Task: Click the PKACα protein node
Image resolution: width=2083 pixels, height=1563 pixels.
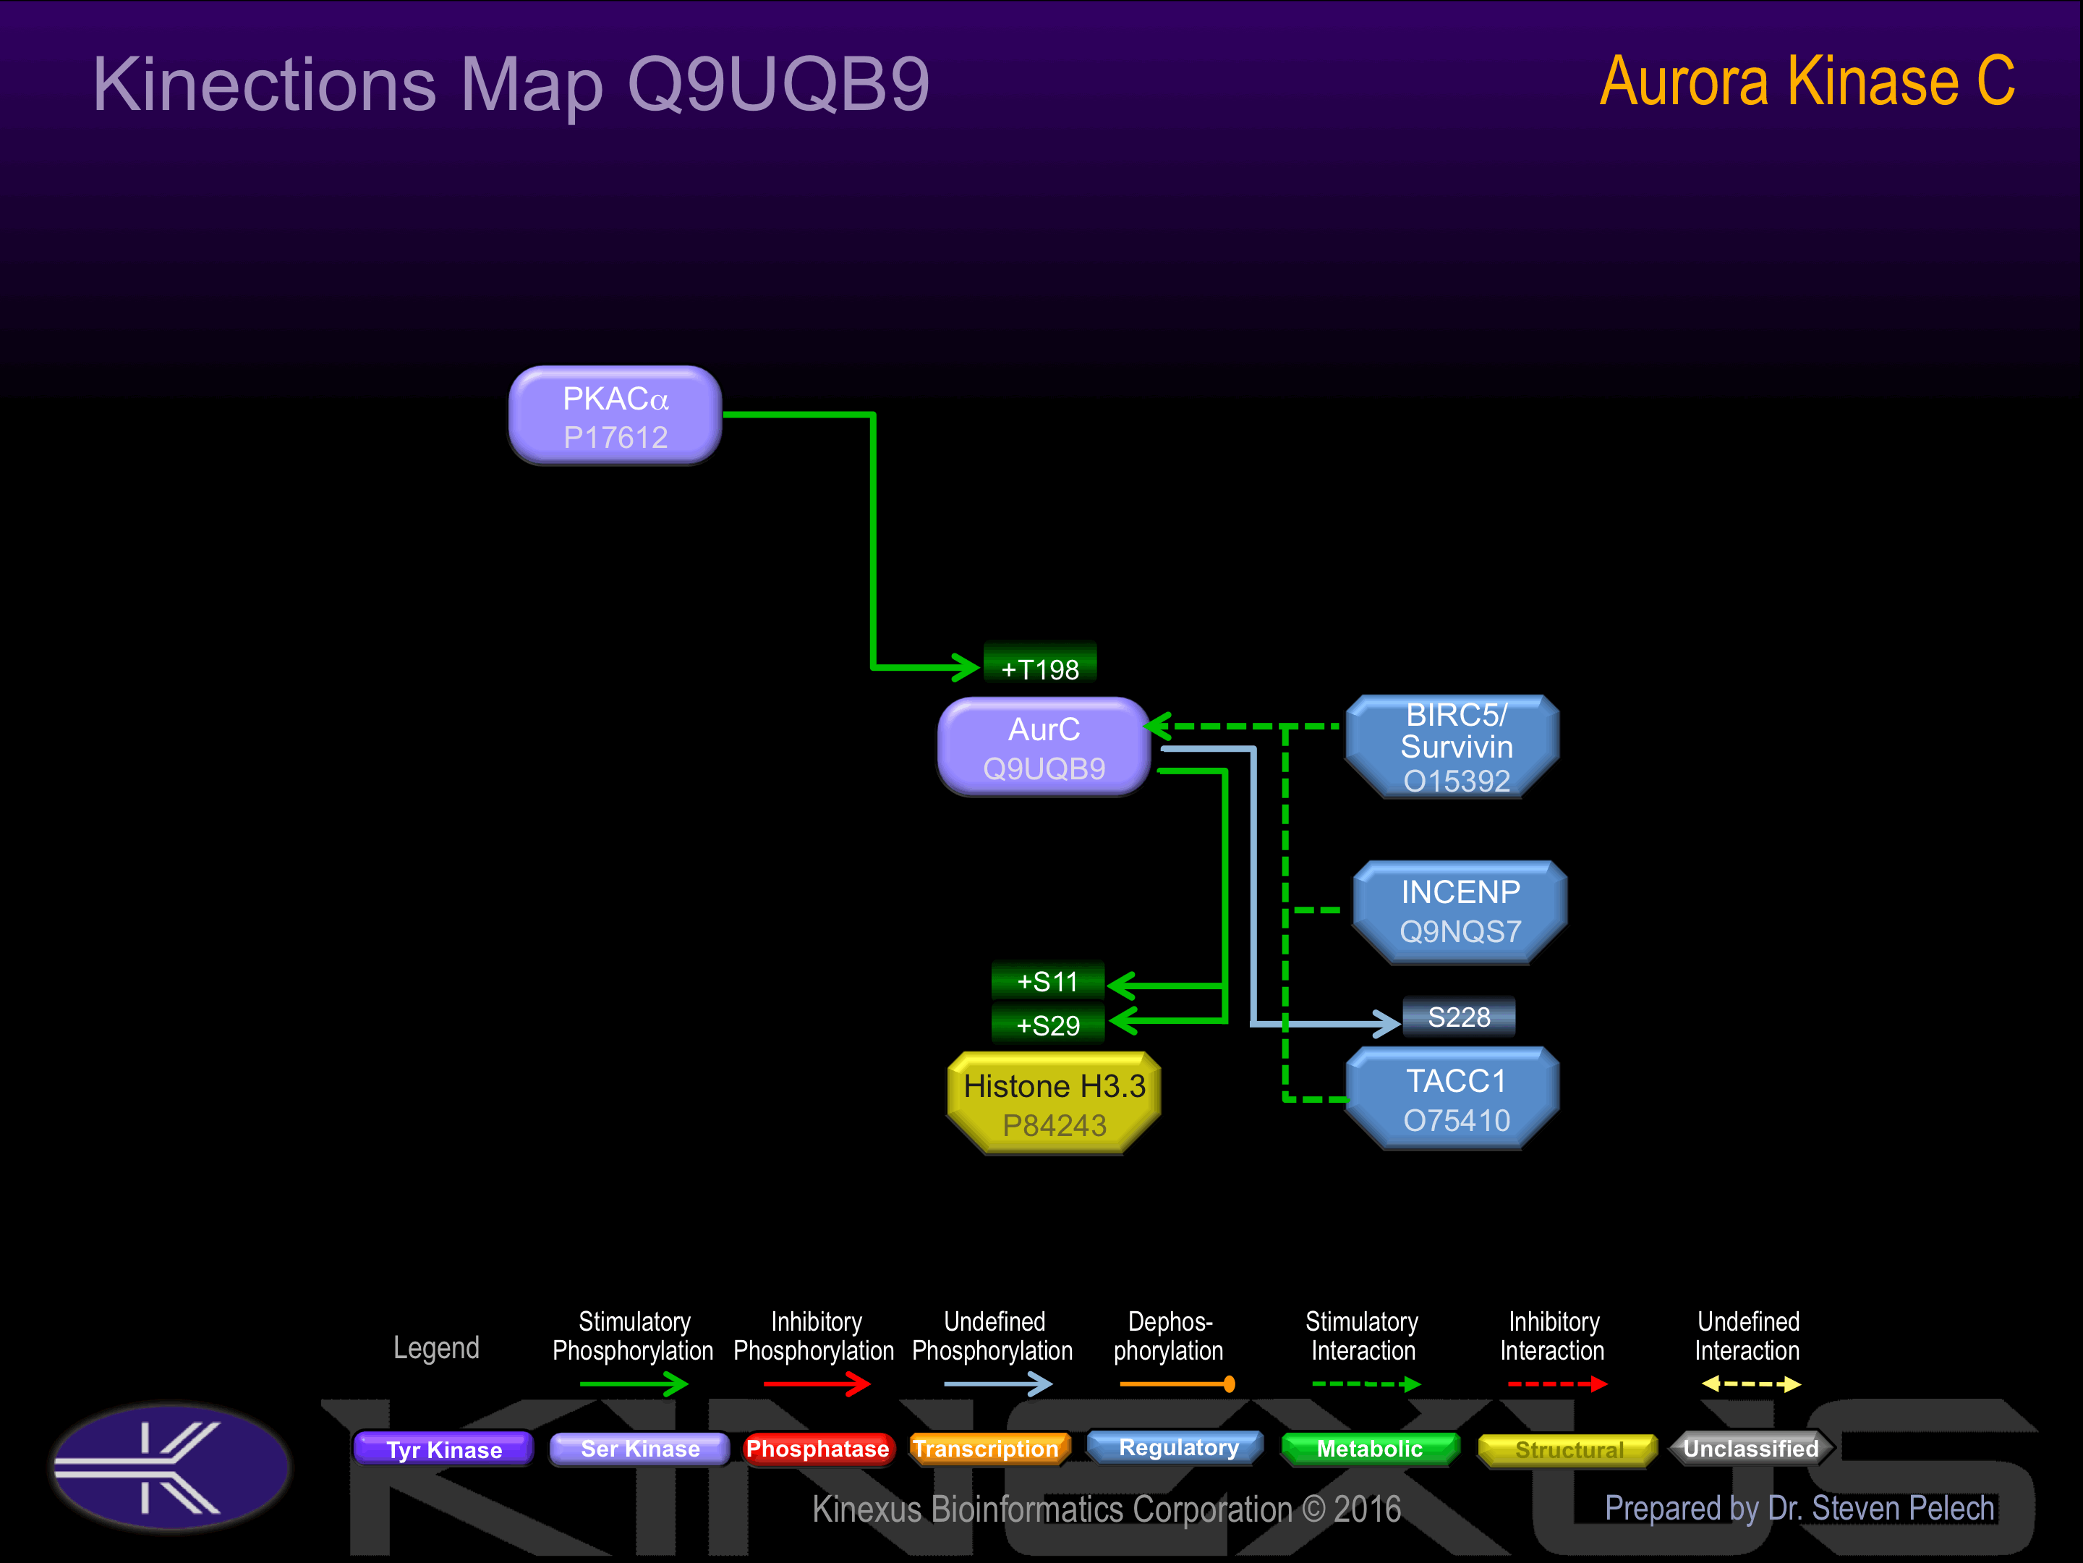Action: [x=615, y=415]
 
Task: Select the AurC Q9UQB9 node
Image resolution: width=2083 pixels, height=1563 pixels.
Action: [x=1044, y=747]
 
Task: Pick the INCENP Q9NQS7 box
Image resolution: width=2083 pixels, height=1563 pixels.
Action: [x=1460, y=912]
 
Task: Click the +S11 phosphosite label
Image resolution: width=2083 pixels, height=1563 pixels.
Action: [x=1047, y=980]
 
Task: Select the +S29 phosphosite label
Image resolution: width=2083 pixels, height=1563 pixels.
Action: [x=1047, y=1024]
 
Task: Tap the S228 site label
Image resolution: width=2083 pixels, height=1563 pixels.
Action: [x=1459, y=1017]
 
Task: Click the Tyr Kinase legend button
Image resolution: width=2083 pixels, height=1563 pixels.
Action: [x=443, y=1449]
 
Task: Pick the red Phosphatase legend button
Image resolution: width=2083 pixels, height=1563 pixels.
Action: [x=817, y=1449]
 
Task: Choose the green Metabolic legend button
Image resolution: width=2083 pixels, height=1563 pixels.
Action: [x=1369, y=1449]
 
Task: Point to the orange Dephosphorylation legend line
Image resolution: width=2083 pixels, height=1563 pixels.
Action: [x=1177, y=1384]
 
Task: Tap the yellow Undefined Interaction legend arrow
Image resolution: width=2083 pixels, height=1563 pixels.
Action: [x=1750, y=1384]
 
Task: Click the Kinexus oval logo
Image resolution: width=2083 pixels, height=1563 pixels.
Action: [x=171, y=1467]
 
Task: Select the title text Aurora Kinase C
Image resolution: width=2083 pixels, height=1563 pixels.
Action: [x=1807, y=82]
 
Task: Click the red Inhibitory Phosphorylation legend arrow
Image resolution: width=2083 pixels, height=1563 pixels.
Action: [x=817, y=1384]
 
